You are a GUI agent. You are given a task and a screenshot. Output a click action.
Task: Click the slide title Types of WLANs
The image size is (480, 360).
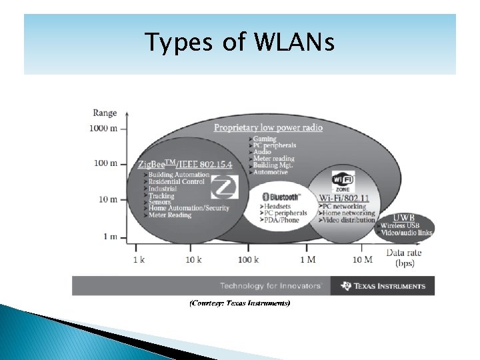[241, 43]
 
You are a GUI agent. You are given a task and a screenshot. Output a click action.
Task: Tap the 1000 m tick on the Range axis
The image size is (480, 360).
[105, 128]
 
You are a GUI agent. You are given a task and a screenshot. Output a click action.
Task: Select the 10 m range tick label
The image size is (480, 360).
[109, 199]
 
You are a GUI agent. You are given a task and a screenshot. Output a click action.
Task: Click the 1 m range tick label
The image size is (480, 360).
[111, 236]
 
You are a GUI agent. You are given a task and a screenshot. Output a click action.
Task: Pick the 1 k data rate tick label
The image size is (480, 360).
[139, 259]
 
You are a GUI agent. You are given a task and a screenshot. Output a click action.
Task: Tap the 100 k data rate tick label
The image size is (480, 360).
[247, 259]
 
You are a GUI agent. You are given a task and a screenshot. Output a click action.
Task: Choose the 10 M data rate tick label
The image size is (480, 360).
[363, 259]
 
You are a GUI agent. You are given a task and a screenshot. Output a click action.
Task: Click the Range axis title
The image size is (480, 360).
[105, 113]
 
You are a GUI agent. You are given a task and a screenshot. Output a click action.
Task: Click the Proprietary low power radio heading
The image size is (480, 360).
[268, 127]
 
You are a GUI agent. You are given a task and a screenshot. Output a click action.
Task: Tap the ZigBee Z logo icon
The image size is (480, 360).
[229, 186]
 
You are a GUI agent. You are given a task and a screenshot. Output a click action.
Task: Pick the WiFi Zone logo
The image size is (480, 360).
[344, 181]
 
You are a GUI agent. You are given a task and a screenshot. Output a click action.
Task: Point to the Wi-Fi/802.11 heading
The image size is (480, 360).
[344, 198]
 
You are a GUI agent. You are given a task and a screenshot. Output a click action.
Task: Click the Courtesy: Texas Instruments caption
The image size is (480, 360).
[239, 303]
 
